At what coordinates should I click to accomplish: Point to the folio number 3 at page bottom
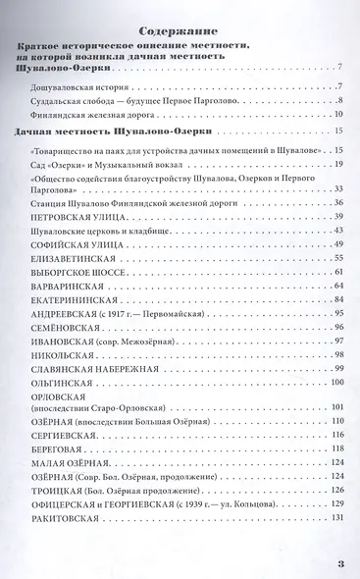339,564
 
